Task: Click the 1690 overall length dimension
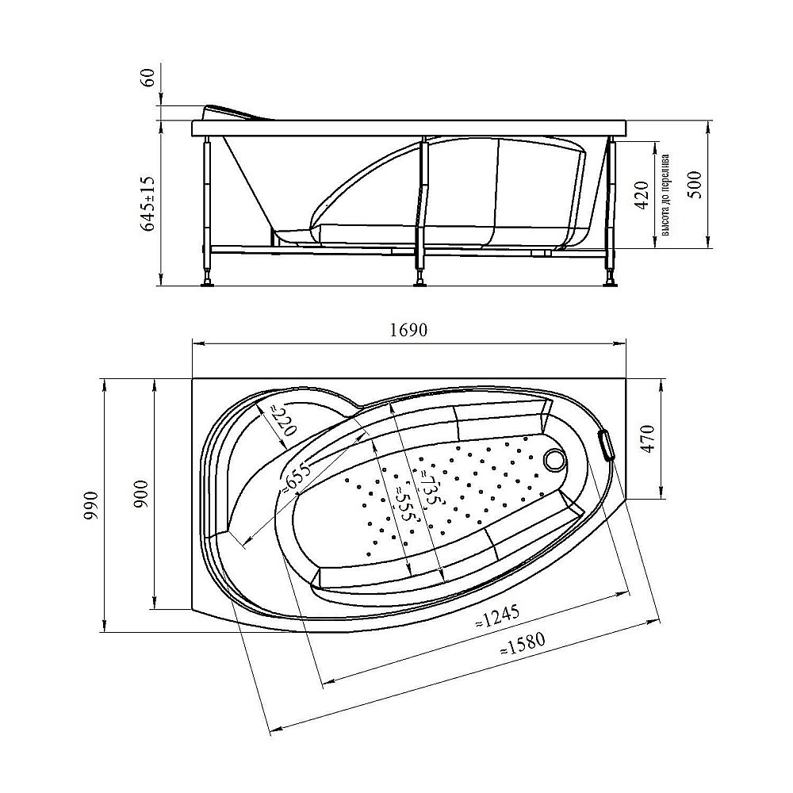(408, 330)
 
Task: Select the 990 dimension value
(91, 504)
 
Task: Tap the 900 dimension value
(141, 493)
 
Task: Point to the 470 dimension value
(649, 439)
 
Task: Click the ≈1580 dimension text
(523, 646)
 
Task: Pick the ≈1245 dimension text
(497, 616)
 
